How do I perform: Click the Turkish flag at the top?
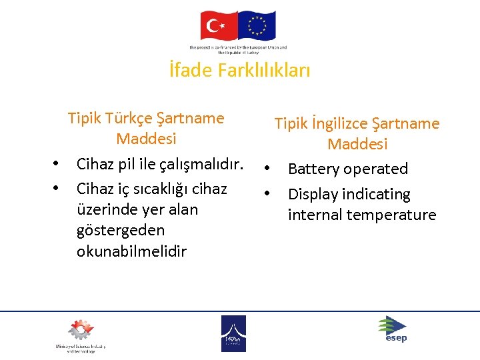219,26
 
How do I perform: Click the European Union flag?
256,26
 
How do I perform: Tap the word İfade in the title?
191,70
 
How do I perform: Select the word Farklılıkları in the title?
264,70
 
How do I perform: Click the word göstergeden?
120,230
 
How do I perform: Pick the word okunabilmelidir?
131,251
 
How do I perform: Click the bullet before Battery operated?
266,169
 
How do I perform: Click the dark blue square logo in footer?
233,333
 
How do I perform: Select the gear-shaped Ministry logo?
79,331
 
